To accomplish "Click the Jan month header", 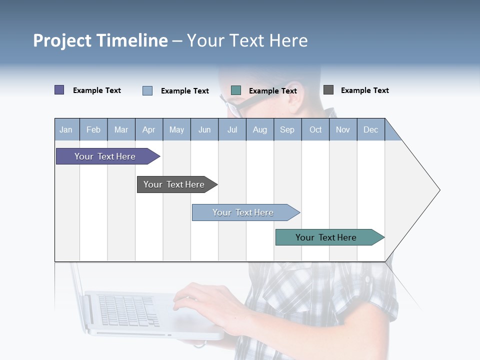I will click(x=66, y=129).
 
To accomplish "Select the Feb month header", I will click(x=93, y=129).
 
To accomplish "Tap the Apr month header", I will click(x=149, y=129).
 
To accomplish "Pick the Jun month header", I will click(x=204, y=129).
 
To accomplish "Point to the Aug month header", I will click(x=260, y=129).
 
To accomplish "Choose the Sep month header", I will click(x=287, y=129).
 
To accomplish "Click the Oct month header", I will click(x=315, y=129).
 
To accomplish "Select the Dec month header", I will click(x=371, y=129).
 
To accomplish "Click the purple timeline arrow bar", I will click(x=105, y=156).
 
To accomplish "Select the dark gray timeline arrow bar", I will click(x=174, y=184).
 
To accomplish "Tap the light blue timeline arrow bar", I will click(x=243, y=212).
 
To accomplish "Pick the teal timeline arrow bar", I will click(x=326, y=237).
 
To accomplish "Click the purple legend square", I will click(x=59, y=90).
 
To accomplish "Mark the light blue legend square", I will click(x=147, y=90).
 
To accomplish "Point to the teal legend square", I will click(x=236, y=90).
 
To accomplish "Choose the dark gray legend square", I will click(x=328, y=90).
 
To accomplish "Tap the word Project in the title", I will click(x=62, y=40).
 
